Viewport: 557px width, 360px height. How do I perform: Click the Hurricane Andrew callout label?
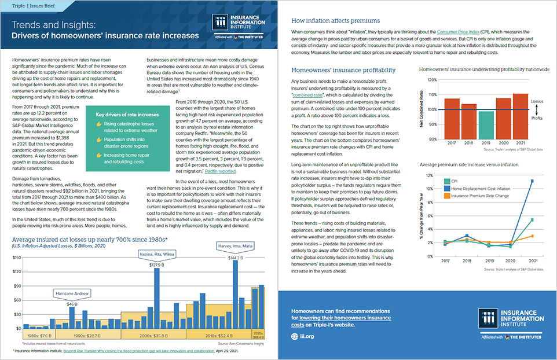(72, 293)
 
